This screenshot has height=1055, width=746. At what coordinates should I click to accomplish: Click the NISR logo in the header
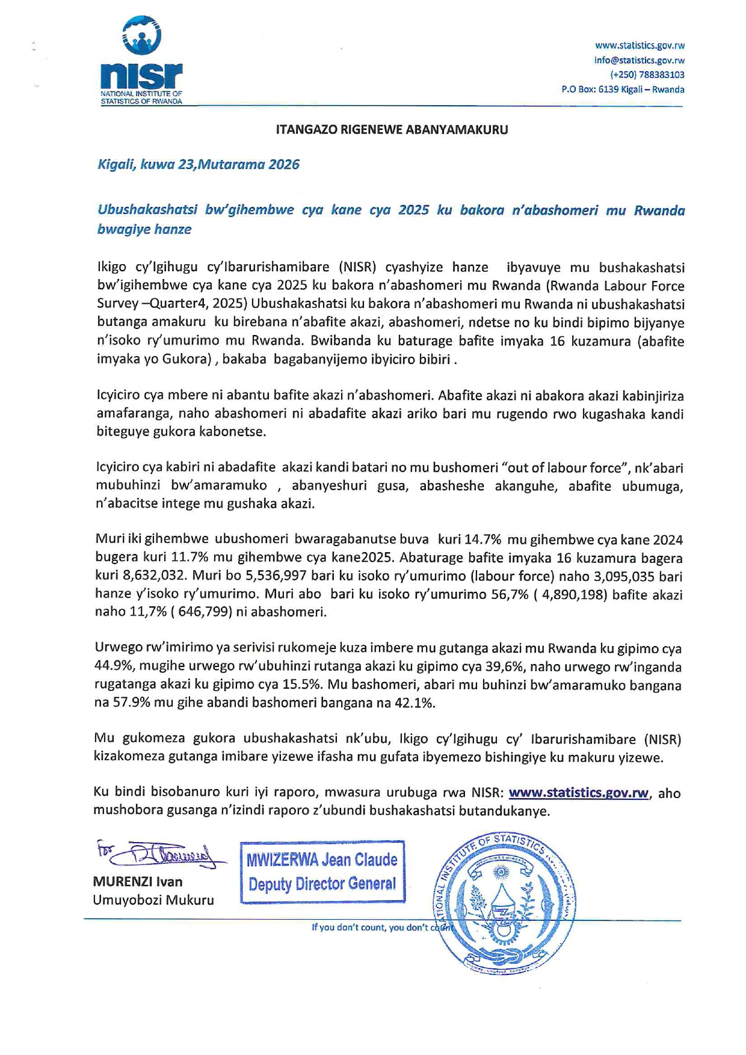click(x=142, y=60)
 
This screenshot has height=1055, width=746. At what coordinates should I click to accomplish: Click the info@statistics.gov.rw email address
click(x=639, y=60)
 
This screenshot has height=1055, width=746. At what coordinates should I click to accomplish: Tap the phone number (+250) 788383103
click(x=647, y=75)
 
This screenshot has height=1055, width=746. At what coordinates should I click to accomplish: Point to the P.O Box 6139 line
click(x=623, y=90)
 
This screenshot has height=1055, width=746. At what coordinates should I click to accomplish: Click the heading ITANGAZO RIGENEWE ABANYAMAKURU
click(x=392, y=129)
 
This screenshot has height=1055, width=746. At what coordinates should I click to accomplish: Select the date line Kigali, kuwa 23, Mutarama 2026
click(x=199, y=165)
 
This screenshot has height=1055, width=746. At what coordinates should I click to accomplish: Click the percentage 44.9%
click(x=113, y=667)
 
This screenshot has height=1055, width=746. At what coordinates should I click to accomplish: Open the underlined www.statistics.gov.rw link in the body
click(x=578, y=793)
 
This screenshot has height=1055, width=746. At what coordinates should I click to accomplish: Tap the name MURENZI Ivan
click(x=138, y=882)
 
